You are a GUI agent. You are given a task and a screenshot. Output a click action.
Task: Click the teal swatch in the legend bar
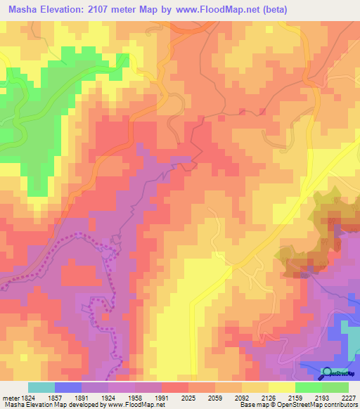(x=41, y=387)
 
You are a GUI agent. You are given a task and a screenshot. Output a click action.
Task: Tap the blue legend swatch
(x=68, y=387)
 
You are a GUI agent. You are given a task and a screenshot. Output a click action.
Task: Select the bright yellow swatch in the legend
(x=281, y=387)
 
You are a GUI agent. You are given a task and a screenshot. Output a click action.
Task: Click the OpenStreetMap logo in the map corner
(x=339, y=372)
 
